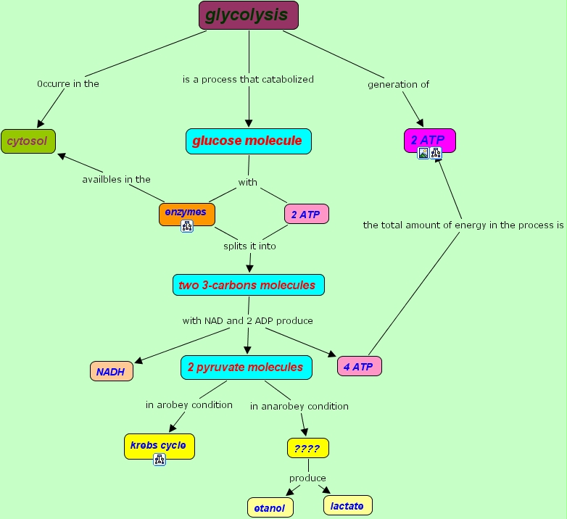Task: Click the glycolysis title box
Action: click(248, 15)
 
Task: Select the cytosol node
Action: click(28, 141)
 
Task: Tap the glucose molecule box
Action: click(248, 141)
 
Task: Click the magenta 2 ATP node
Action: click(429, 138)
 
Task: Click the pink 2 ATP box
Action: click(306, 215)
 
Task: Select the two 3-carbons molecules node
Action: click(248, 286)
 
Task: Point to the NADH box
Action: click(111, 372)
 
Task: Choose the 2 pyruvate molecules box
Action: click(246, 368)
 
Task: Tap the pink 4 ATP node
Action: click(359, 367)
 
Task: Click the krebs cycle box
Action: click(159, 445)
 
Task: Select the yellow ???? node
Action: click(307, 449)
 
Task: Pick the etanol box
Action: click(270, 508)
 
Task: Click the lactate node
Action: click(347, 505)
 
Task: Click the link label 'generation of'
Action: click(398, 84)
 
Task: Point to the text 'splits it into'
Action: click(249, 246)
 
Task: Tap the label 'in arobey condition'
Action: click(189, 404)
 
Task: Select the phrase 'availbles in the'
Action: click(116, 179)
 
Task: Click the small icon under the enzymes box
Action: click(187, 226)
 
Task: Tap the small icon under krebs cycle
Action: click(160, 459)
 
